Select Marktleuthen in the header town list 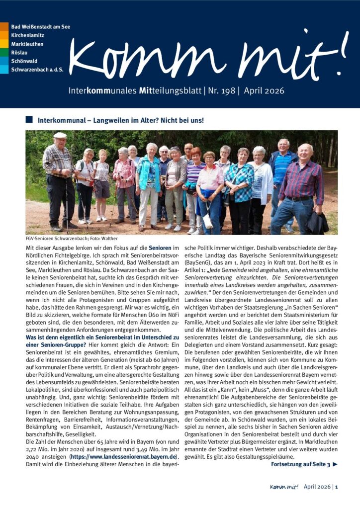[28, 43]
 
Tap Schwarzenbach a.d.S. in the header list [37, 69]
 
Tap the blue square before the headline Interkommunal [29, 120]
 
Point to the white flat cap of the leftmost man [60, 135]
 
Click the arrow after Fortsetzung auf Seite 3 [335, 465]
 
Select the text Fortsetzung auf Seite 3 [300, 465]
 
